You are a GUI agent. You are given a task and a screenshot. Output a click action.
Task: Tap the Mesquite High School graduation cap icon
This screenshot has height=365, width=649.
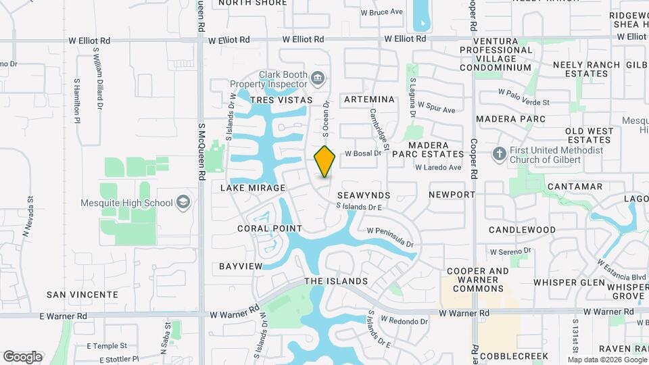183,202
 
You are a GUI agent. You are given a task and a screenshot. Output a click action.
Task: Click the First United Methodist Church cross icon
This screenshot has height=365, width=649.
500,154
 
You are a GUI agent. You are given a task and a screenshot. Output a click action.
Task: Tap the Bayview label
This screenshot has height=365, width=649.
240,266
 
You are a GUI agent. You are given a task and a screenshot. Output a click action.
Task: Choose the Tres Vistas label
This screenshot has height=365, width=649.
281,100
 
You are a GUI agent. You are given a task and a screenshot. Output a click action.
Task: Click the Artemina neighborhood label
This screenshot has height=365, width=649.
369,99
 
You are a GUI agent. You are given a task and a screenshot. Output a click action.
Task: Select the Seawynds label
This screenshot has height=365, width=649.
364,195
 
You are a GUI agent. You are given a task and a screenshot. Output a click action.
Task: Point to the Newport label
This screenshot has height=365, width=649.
452,195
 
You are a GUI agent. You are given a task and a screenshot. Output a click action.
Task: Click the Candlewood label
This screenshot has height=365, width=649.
522,230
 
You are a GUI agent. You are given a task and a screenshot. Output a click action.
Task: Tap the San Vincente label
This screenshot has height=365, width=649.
82,295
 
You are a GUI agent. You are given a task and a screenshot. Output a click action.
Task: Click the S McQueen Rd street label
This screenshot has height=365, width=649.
201,151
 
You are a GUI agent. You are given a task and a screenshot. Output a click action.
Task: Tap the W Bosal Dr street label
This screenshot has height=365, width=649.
364,153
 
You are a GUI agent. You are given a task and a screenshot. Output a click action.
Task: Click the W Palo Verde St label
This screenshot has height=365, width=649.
524,95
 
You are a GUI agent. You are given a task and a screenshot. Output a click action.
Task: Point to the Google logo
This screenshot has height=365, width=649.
22,356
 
